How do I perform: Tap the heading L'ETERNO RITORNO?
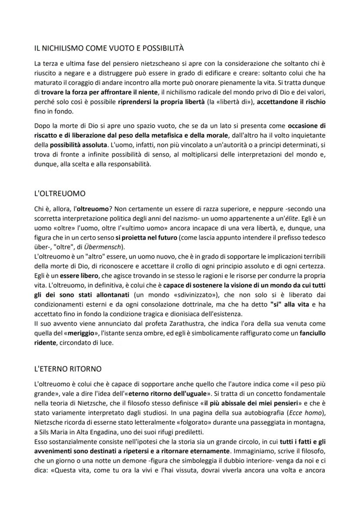click(x=67, y=369)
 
